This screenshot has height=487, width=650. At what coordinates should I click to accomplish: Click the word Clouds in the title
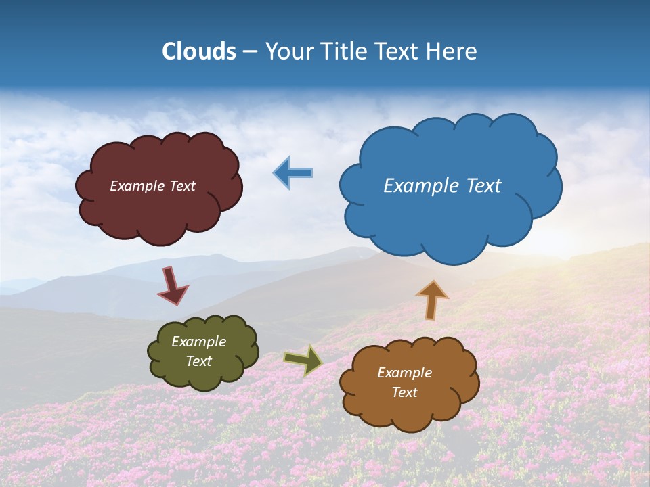pyautogui.click(x=199, y=51)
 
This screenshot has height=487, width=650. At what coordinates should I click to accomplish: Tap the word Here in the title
pyautogui.click(x=452, y=51)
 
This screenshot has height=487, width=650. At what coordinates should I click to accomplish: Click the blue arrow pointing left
pyautogui.click(x=293, y=172)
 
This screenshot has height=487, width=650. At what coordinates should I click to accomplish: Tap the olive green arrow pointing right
pyautogui.click(x=303, y=360)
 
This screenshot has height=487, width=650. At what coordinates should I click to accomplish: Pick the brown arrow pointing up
pyautogui.click(x=432, y=300)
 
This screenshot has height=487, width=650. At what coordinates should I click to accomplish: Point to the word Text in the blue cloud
pyautogui.click(x=479, y=186)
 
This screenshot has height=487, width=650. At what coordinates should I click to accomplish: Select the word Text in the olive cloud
pyautogui.click(x=199, y=361)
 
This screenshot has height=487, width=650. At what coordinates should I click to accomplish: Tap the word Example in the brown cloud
pyautogui.click(x=404, y=373)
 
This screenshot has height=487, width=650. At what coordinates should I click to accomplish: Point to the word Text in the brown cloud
pyautogui.click(x=404, y=392)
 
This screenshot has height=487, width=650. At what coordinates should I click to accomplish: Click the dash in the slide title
pyautogui.click(x=250, y=51)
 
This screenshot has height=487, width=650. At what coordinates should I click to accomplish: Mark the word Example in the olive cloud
pyautogui.click(x=199, y=342)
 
